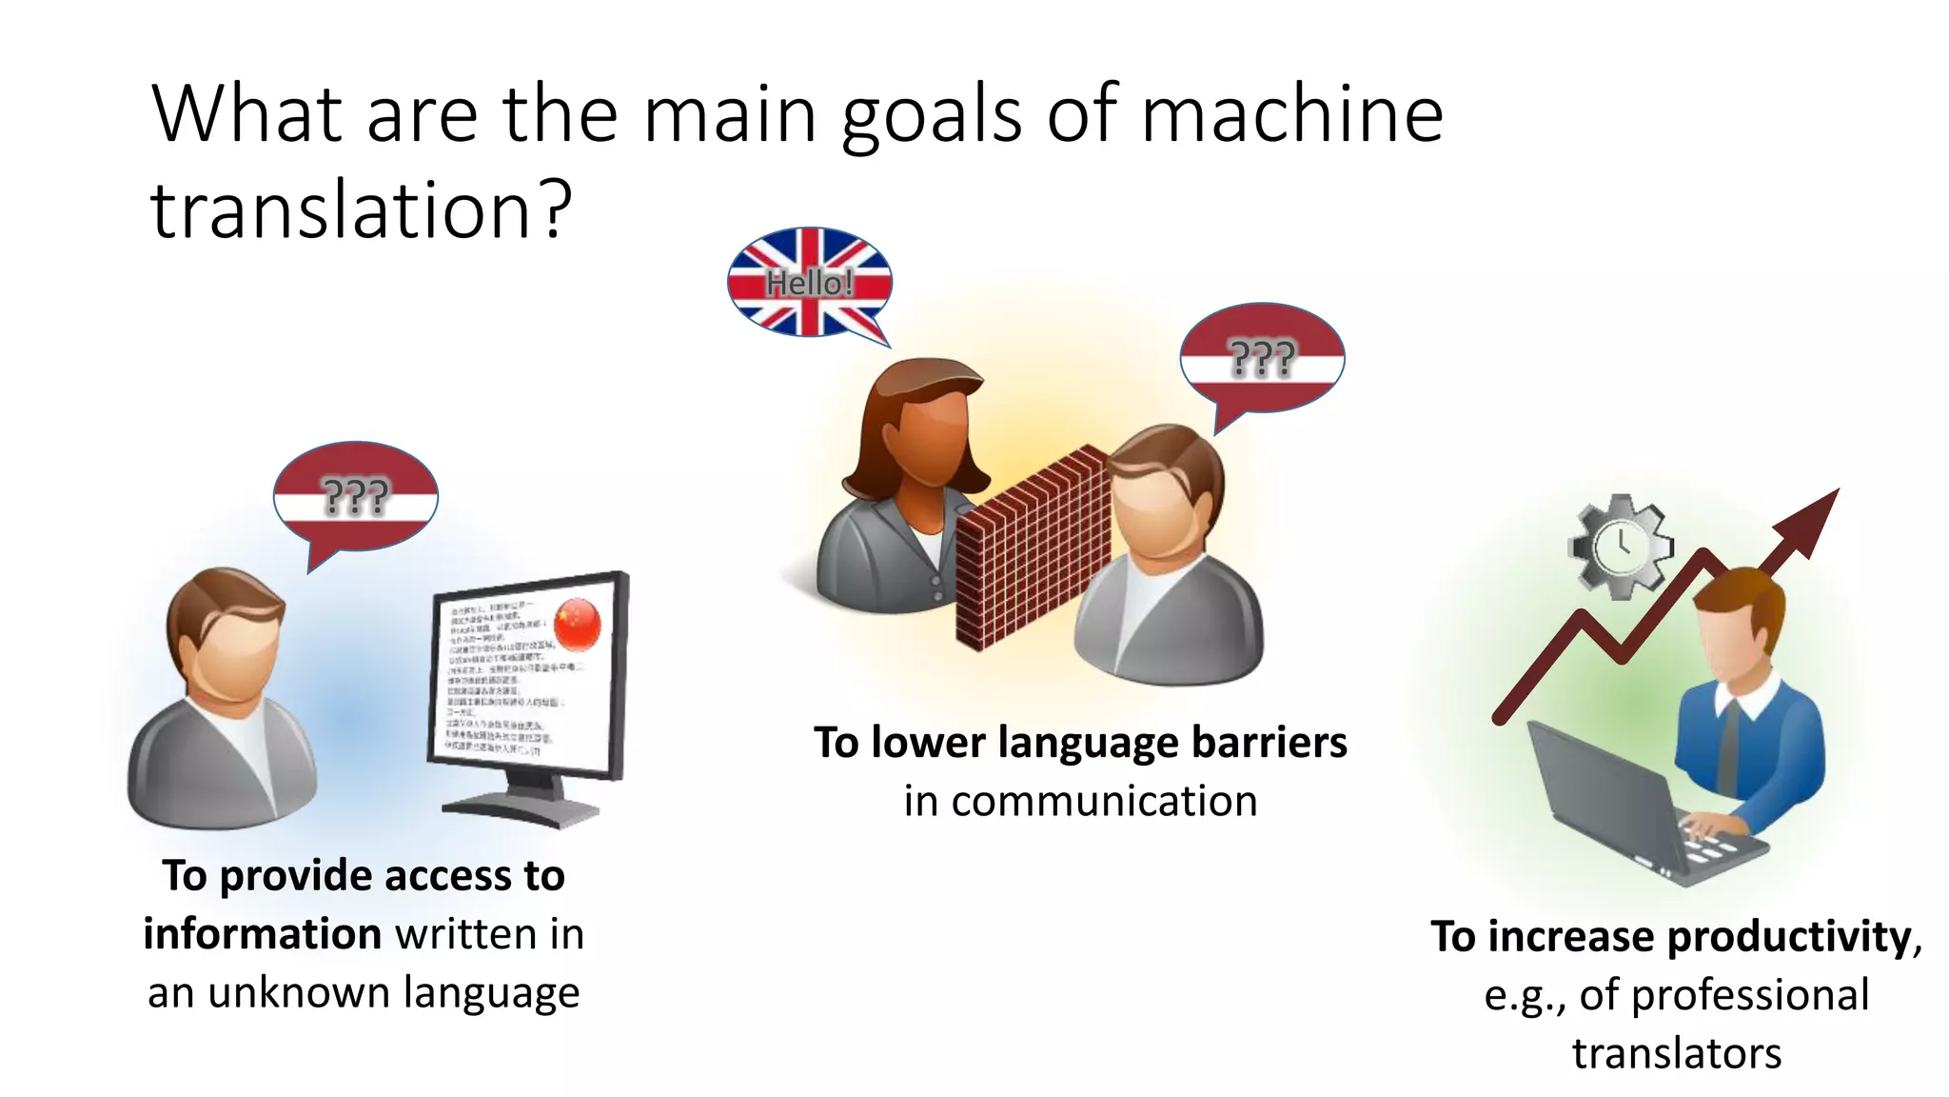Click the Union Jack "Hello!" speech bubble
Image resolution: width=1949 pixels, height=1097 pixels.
[x=810, y=282]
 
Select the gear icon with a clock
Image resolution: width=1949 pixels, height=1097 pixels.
[x=1620, y=546]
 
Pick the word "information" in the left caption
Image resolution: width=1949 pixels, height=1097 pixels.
[x=263, y=934]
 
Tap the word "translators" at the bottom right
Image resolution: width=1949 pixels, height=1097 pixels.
[x=1677, y=1054]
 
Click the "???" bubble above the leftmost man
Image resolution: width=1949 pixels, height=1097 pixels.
[x=356, y=496]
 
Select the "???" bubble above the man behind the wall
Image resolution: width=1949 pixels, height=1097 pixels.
[x=1262, y=359]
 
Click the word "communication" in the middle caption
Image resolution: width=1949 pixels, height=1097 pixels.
[x=1080, y=802]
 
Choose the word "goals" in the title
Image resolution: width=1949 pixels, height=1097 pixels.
[x=933, y=116]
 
